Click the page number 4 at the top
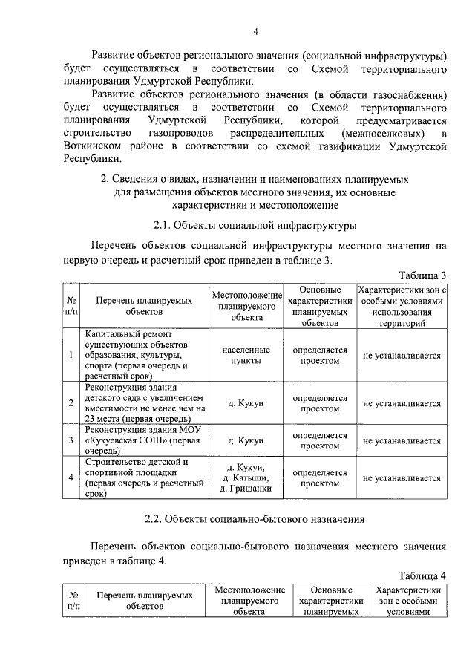coord(255,31)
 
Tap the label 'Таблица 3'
coord(422,275)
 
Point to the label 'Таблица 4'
coord(422,575)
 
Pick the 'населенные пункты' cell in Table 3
coord(245,356)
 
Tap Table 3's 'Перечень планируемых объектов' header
coord(144,306)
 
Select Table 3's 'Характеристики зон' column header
coord(402,306)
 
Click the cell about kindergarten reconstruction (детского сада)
coord(144,403)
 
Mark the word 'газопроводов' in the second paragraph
coord(176,133)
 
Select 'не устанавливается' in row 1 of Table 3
coord(402,356)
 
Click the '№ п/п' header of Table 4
coord(73,601)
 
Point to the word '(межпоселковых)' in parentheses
coord(383,133)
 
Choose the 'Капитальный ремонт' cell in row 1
coord(144,356)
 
